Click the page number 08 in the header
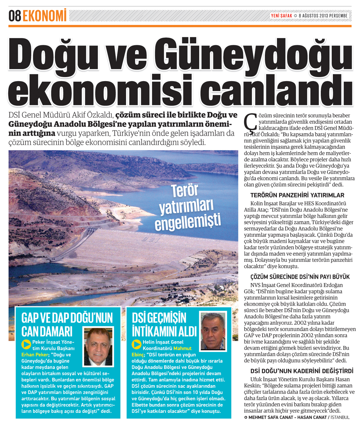click(15, 16)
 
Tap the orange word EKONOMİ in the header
click(45, 16)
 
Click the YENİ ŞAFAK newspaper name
click(281, 16)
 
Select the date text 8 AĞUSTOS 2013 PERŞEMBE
click(323, 16)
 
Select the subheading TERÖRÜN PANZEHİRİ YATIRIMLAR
click(297, 196)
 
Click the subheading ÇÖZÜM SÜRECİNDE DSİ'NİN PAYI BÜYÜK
click(300, 277)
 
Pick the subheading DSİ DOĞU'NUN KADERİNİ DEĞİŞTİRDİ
click(301, 371)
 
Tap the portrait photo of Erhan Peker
click(98, 347)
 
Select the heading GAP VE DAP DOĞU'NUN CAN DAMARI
click(67, 324)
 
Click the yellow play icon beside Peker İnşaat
click(26, 344)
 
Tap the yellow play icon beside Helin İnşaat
click(137, 344)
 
